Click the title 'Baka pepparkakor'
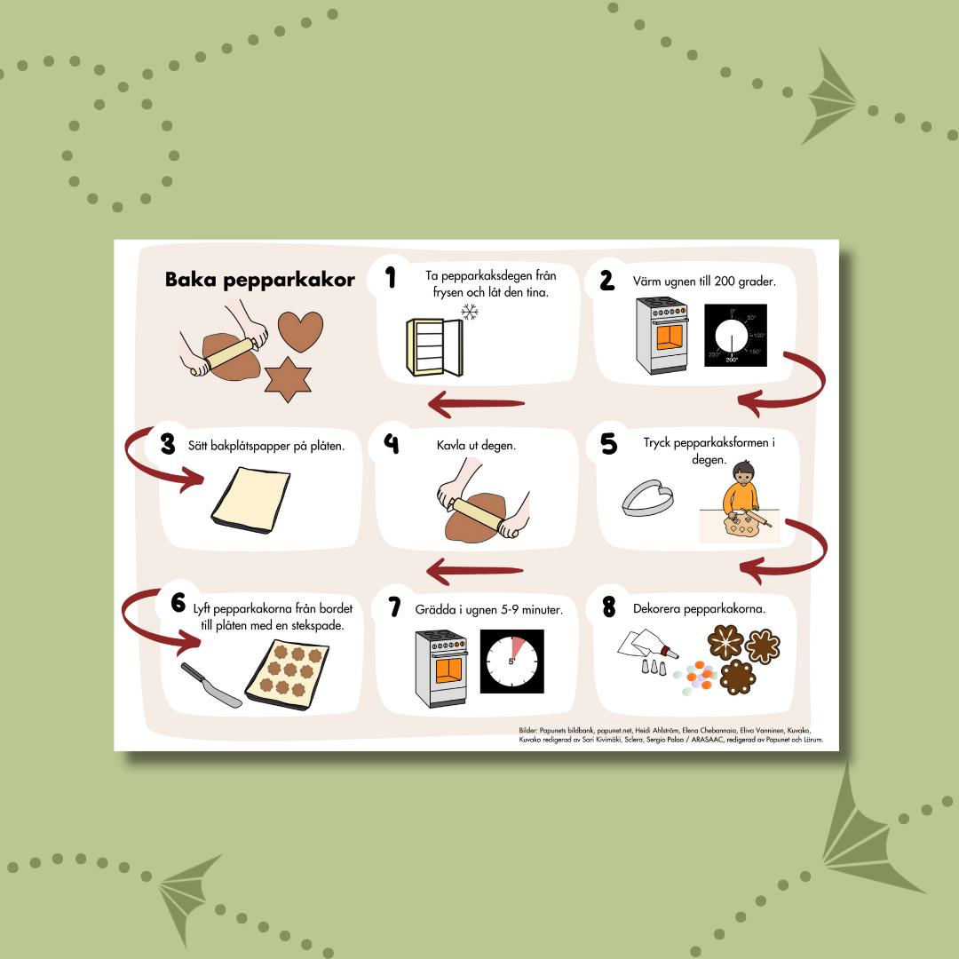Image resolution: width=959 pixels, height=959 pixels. point(260,280)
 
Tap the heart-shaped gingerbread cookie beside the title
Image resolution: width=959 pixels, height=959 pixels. point(300,330)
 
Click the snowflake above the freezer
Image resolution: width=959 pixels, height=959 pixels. point(469,313)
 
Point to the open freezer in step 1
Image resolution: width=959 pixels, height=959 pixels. point(435,347)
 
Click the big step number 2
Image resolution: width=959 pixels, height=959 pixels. point(606,280)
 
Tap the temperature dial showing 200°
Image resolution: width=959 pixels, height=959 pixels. point(735,335)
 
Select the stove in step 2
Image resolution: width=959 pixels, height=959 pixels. point(662,335)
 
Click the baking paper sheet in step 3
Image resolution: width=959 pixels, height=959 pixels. point(250,499)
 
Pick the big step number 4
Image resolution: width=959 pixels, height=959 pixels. point(392,443)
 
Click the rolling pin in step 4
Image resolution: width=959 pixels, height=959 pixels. point(483,517)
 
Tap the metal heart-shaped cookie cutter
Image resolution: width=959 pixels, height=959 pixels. point(647,497)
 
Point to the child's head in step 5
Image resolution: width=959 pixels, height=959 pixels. point(744,472)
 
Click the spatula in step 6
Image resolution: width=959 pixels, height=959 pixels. point(211,685)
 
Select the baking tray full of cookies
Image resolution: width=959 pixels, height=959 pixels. point(287,675)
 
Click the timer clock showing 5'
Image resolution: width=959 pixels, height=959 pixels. point(512,662)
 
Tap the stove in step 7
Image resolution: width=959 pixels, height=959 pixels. point(441,669)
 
